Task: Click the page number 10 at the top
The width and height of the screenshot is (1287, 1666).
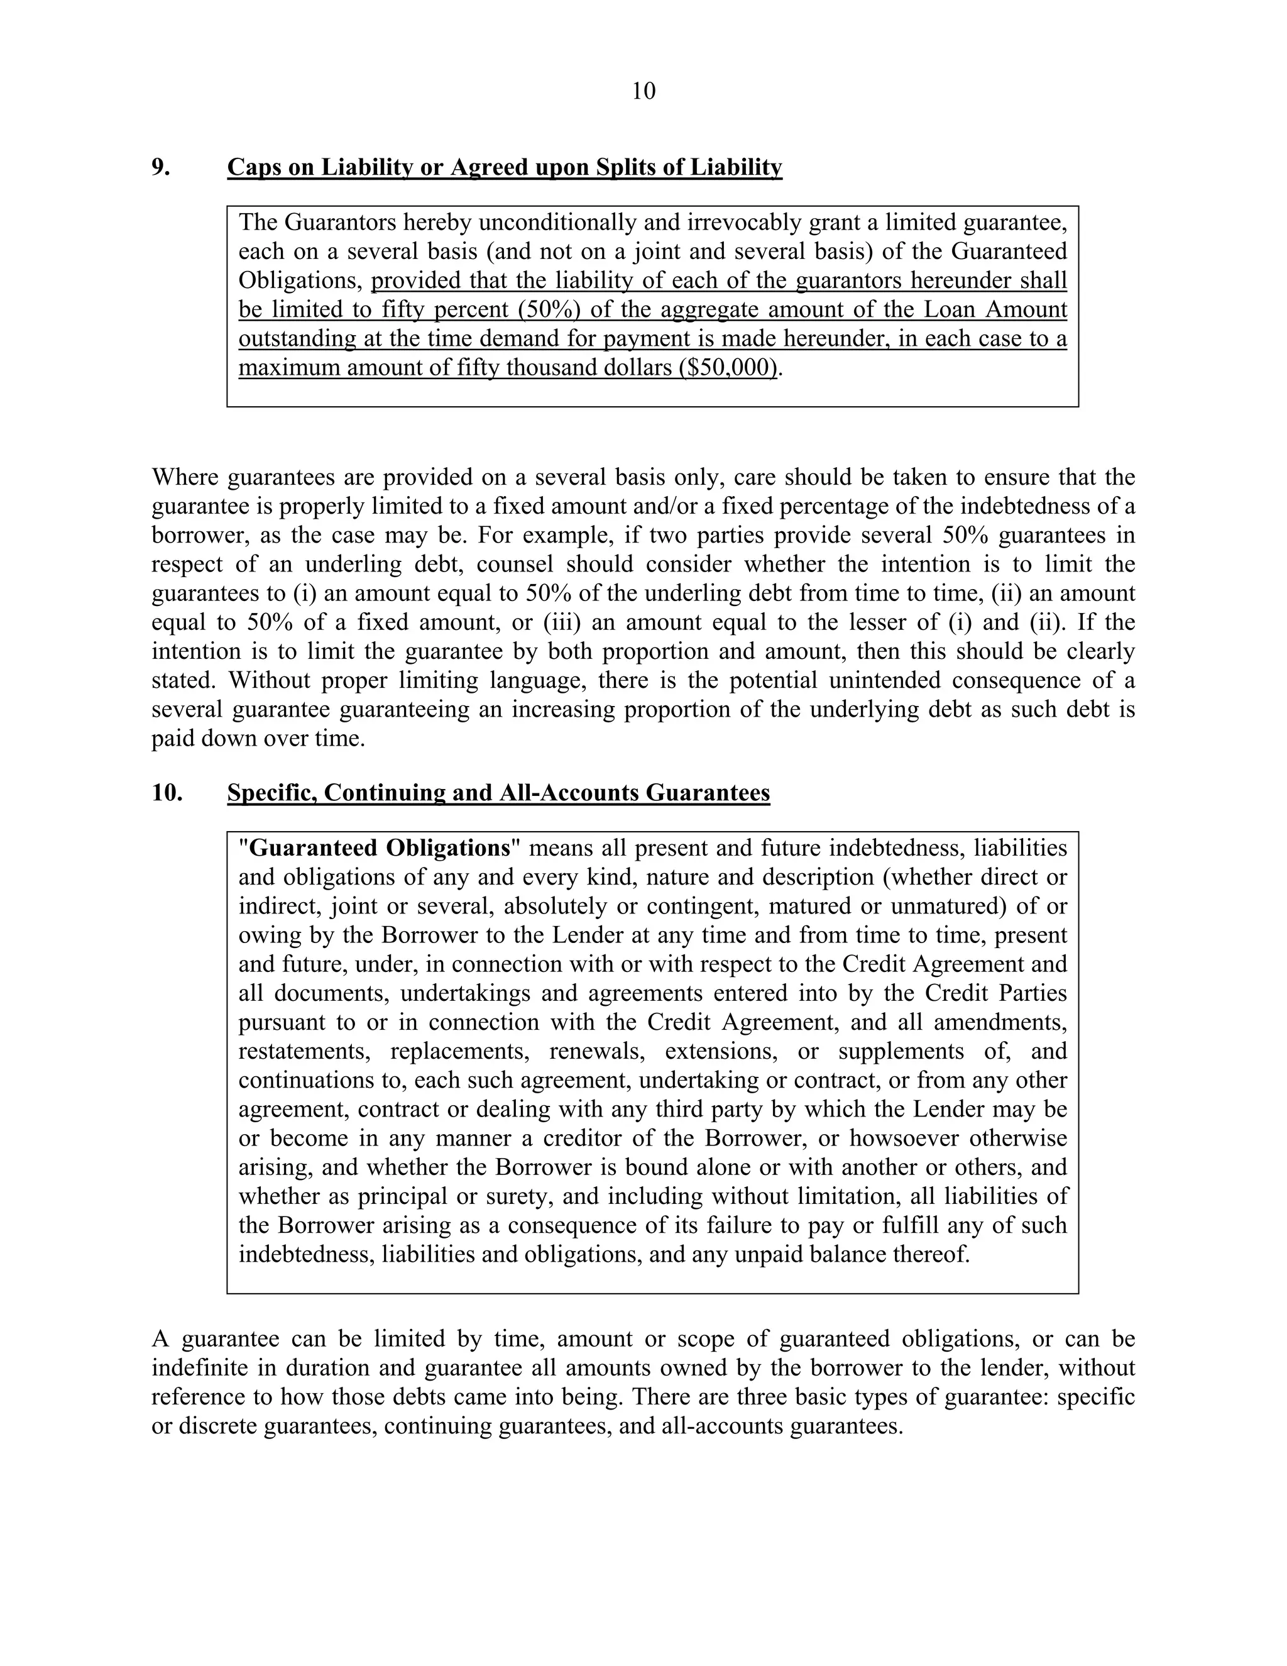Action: tap(643, 92)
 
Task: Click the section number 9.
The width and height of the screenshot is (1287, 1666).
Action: tap(160, 167)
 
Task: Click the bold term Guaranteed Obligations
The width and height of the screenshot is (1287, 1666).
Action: tap(379, 848)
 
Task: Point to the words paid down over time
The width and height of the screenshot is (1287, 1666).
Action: tap(258, 739)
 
